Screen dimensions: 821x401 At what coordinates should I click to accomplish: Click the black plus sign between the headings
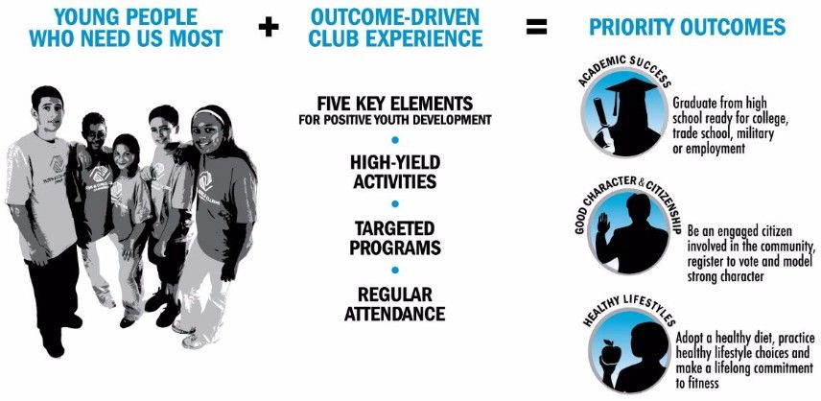pyautogui.click(x=269, y=27)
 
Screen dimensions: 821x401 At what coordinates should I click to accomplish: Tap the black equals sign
pyautogui.click(x=536, y=27)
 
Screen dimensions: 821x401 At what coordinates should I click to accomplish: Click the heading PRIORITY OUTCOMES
pyautogui.click(x=687, y=27)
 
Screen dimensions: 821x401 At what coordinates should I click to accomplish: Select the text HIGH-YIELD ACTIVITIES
pyautogui.click(x=395, y=172)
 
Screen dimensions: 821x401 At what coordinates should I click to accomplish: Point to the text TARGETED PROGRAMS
pyautogui.click(x=395, y=238)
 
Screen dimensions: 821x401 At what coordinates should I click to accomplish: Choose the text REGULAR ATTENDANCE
pyautogui.click(x=395, y=304)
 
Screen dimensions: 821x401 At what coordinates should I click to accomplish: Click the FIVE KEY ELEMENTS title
pyautogui.click(x=395, y=102)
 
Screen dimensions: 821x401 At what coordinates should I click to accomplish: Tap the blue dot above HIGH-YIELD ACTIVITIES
pyautogui.click(x=395, y=140)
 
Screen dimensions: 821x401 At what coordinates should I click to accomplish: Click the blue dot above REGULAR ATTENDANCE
pyautogui.click(x=395, y=271)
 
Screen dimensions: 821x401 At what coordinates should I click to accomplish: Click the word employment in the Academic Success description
pyautogui.click(x=715, y=149)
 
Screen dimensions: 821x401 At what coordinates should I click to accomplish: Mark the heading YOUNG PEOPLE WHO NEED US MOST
pyautogui.click(x=127, y=28)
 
